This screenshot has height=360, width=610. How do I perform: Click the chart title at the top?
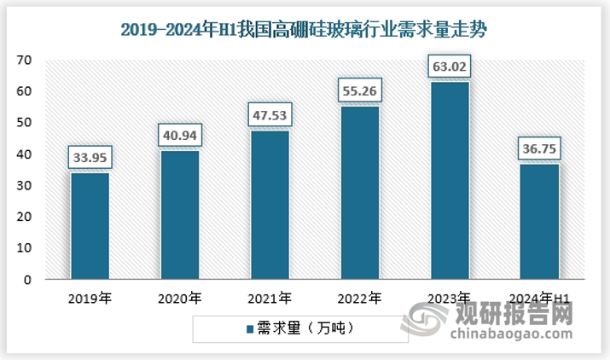[x=304, y=31]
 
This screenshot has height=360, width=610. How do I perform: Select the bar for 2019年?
[x=90, y=226]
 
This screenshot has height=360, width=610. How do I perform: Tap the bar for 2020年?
[x=180, y=215]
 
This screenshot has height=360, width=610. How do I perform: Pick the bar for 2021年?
[x=270, y=205]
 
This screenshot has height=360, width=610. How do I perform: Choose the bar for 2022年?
[x=359, y=193]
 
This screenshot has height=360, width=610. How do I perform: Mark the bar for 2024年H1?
[x=538, y=222]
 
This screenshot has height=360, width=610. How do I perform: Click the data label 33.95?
[x=90, y=157]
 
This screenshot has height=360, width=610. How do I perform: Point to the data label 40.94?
[x=180, y=135]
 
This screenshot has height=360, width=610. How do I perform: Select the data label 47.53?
[x=270, y=114]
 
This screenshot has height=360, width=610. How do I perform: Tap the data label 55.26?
[x=359, y=90]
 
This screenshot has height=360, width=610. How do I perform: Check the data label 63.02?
[x=449, y=66]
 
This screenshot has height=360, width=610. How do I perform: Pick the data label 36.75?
[x=538, y=148]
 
